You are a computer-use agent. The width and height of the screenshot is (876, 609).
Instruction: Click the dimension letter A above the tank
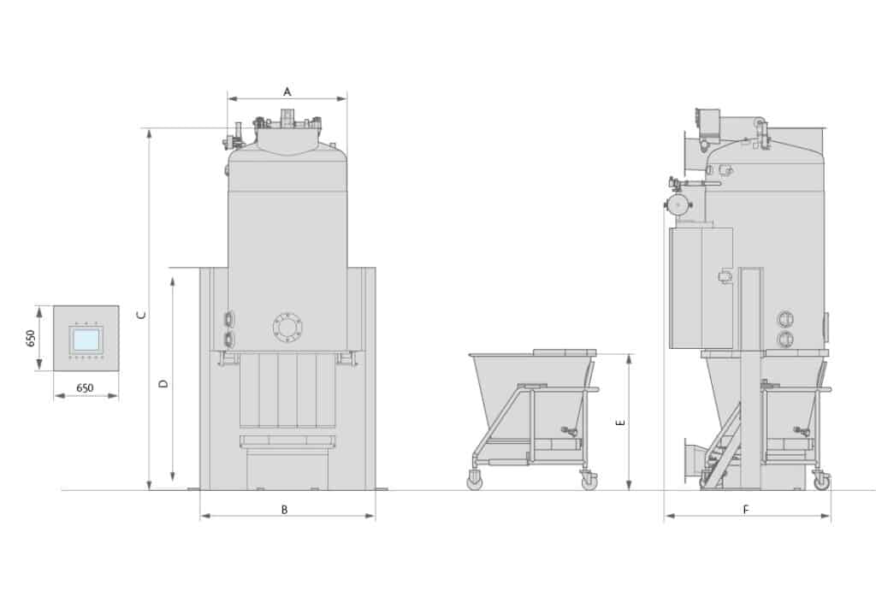tap(287, 90)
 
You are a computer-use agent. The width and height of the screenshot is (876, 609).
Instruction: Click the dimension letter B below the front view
tap(285, 509)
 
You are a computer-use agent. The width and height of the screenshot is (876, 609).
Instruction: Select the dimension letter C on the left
tap(142, 315)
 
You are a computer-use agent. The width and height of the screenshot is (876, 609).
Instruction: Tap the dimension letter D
tap(165, 384)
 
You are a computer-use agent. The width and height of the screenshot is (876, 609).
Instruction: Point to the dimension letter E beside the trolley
tap(621, 422)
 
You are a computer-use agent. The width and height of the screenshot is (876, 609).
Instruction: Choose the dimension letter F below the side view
tap(746, 509)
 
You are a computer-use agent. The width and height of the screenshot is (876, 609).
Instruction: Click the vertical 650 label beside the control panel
tap(31, 338)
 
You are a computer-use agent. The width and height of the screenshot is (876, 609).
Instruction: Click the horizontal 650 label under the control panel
tap(86, 387)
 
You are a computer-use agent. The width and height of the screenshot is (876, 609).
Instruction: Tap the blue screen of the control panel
tap(86, 339)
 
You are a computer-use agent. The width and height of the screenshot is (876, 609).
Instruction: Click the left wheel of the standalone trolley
tap(475, 482)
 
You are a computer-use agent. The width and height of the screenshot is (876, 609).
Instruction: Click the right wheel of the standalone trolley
tap(589, 482)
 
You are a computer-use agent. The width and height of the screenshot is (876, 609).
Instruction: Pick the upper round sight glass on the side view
tap(784, 319)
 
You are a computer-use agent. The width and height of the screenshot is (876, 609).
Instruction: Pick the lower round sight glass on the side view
tap(784, 340)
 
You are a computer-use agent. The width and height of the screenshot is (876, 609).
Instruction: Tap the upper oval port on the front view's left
tap(228, 319)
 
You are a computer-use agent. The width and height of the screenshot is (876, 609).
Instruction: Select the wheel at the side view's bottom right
tap(822, 482)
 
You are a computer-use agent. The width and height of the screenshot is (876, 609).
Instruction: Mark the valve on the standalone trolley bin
tap(566, 430)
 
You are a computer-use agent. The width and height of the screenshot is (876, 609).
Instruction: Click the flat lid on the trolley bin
tap(564, 352)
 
